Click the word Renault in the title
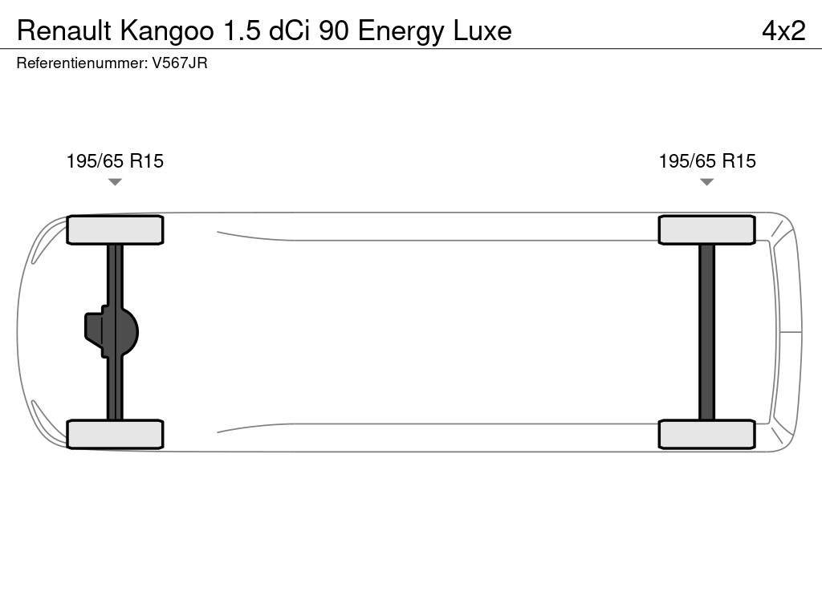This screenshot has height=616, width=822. point(65,30)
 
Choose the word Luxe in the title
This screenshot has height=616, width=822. point(482,30)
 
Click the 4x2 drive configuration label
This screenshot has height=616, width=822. point(783,30)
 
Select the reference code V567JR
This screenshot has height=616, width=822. point(180,63)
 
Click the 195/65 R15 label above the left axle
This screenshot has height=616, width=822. point(115,161)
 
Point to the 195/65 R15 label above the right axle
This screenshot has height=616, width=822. point(707,161)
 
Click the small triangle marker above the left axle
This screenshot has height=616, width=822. point(115,182)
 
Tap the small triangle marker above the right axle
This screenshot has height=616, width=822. point(706,182)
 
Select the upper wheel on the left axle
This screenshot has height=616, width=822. point(115,230)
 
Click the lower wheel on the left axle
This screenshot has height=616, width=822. point(115,434)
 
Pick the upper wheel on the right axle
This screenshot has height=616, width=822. point(706,230)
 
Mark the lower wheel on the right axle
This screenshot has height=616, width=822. point(706,434)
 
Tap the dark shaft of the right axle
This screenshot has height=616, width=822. point(706,331)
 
